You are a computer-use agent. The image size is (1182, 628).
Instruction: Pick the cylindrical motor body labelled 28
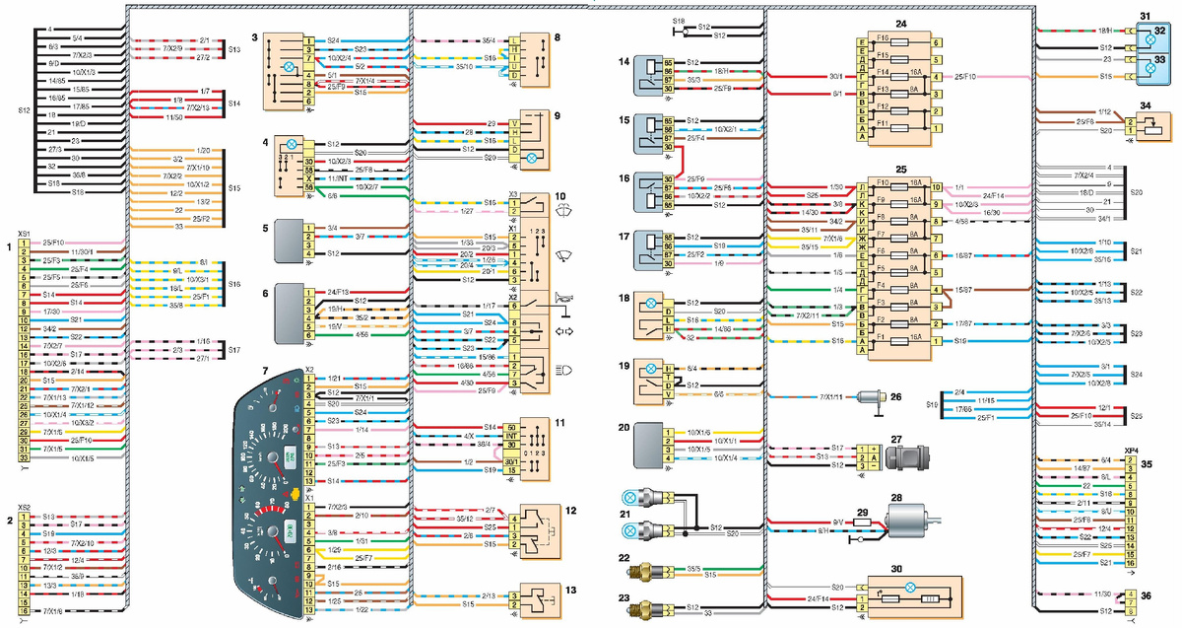point(913,523)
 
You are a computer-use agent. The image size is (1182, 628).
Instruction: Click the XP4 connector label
point(1132,450)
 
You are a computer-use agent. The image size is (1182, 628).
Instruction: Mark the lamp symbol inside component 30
point(909,587)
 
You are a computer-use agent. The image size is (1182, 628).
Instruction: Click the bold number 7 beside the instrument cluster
point(263,370)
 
